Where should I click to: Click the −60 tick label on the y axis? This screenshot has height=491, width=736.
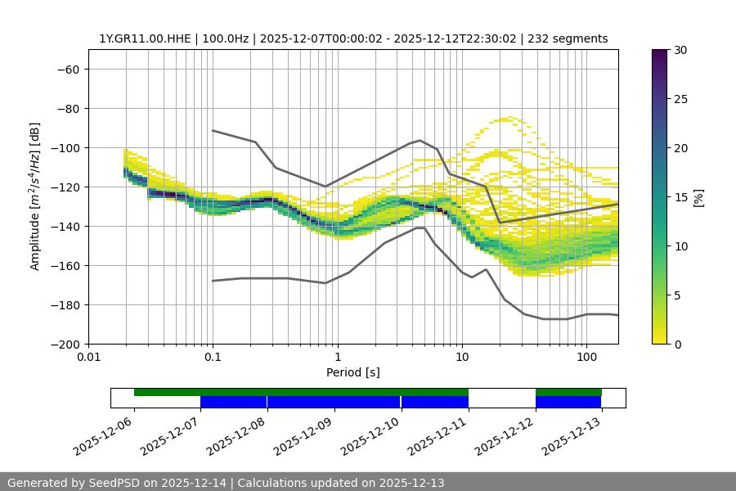[67, 69]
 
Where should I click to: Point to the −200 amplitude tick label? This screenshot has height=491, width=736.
[64, 344]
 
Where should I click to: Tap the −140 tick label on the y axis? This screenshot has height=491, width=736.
[64, 226]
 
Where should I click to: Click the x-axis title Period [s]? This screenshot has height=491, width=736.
[353, 372]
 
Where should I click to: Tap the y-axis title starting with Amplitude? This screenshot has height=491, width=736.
[35, 196]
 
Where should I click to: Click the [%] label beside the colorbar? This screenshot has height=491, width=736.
[698, 197]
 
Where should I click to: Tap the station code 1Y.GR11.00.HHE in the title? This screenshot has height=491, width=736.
[146, 38]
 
